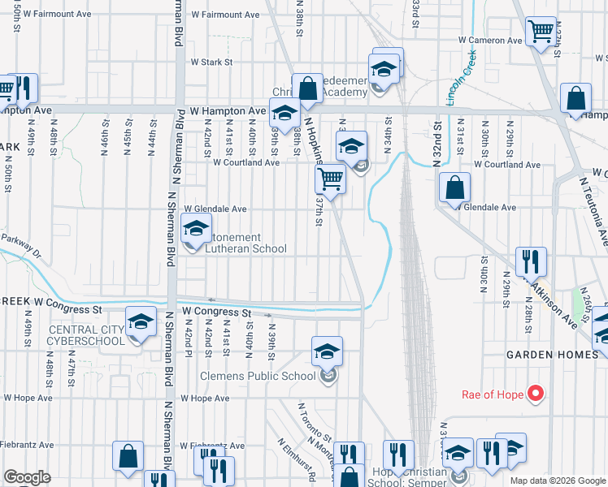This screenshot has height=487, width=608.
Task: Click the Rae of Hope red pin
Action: tap(535, 395)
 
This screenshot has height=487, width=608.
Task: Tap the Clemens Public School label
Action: tap(258, 376)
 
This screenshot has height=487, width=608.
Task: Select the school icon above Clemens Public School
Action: tap(327, 351)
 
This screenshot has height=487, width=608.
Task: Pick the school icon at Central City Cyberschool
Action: tap(141, 322)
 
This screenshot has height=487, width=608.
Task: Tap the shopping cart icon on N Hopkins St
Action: tap(330, 178)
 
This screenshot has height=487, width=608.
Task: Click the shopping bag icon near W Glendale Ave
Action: tap(454, 188)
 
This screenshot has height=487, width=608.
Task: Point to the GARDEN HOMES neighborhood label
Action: tap(541, 355)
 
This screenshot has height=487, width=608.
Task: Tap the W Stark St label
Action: tap(211, 62)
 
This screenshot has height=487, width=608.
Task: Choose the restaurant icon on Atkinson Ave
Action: tap(530, 261)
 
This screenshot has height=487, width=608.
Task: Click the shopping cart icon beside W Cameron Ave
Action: tap(541, 32)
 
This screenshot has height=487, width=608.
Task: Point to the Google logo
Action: tap(27, 477)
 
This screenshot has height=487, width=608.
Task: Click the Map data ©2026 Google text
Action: tap(557, 481)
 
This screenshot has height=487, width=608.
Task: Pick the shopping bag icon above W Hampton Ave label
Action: tap(308, 88)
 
